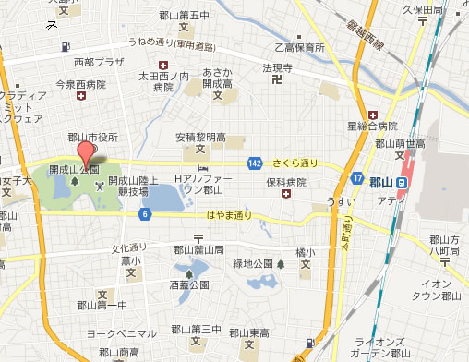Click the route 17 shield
point(357,177)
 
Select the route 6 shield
point(145,215)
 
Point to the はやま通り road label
point(229,215)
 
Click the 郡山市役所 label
point(93,137)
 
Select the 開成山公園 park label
point(75,170)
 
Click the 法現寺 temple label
point(276,68)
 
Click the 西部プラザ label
point(96,63)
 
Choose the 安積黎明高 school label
point(200,138)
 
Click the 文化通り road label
point(129,247)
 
